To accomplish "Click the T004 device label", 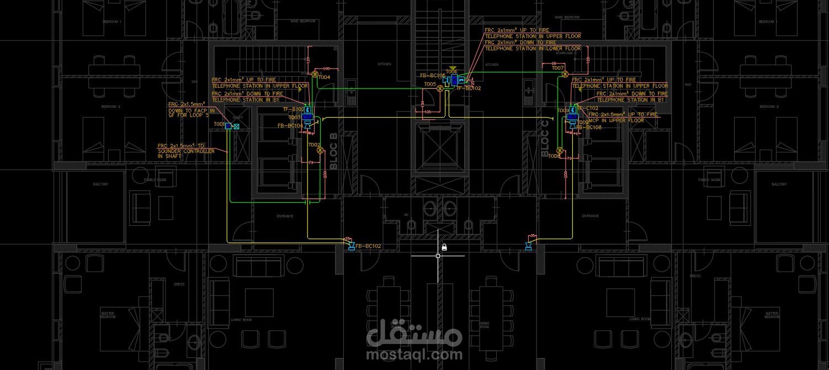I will (x=324, y=77).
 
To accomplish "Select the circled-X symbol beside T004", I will (x=315, y=73).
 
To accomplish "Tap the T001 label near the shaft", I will (x=219, y=124).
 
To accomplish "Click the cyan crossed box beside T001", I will (x=236, y=127).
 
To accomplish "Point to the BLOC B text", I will (x=333, y=151).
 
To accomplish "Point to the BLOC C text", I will (x=545, y=138).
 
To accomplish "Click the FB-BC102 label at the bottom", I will (x=368, y=246).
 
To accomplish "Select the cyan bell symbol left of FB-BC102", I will (x=350, y=246).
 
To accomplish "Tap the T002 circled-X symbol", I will (x=319, y=150).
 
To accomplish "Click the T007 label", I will (x=557, y=68).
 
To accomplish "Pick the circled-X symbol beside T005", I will (x=440, y=88).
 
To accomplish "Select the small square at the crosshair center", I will (x=438, y=256).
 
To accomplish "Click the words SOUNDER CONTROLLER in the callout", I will (x=186, y=151).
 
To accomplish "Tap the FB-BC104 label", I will (x=290, y=126).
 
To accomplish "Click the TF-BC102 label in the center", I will (x=469, y=88).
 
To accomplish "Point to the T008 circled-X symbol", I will (x=560, y=150).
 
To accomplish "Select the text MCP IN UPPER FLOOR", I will (x=616, y=120).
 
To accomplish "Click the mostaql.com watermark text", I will (x=414, y=354).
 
